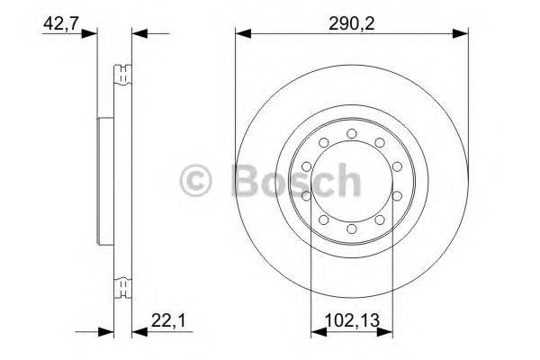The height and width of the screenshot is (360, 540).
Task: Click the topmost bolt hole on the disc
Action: click(352, 135)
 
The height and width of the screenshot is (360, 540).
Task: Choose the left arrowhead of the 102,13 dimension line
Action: click(314, 332)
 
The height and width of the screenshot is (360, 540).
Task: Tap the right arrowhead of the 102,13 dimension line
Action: click(389, 332)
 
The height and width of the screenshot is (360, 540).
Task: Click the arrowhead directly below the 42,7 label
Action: click(90, 34)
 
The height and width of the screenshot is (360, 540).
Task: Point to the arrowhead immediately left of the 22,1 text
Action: click(138, 332)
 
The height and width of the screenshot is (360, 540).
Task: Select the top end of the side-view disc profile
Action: click(121, 67)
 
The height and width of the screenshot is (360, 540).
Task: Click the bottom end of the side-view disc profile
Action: click(121, 293)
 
